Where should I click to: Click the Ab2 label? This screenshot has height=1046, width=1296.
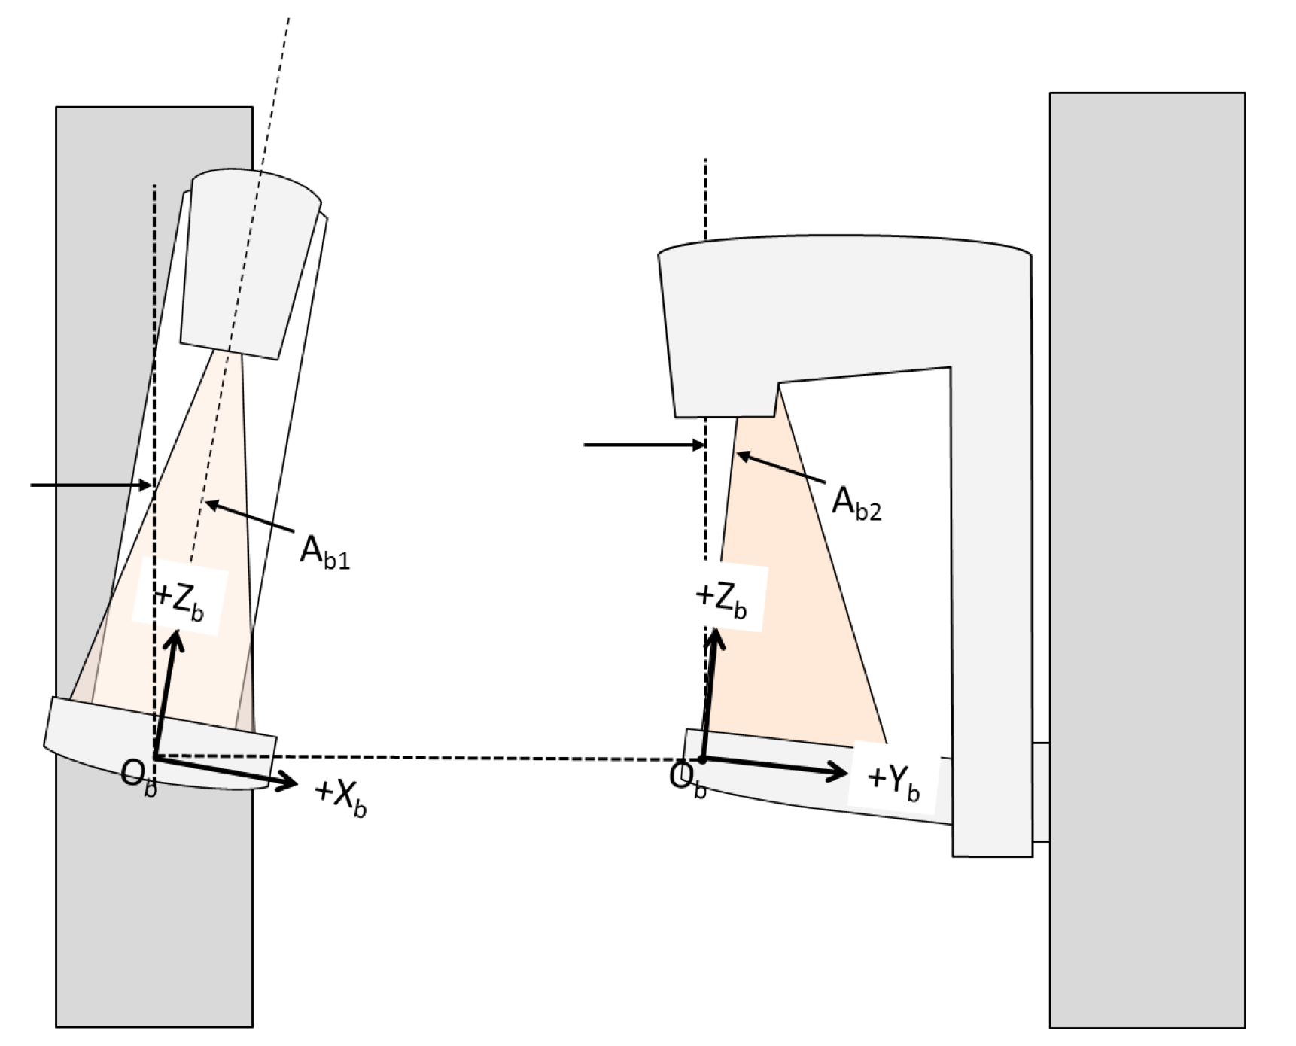point(856,503)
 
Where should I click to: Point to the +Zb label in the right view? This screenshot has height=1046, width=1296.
point(721,597)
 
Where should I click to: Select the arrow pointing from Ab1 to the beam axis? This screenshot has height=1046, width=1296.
point(248,519)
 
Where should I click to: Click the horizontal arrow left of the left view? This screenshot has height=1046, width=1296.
point(90,485)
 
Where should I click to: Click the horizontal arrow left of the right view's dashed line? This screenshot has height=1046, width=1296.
point(643,445)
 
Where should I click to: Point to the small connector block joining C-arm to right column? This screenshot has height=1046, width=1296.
point(1041,792)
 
